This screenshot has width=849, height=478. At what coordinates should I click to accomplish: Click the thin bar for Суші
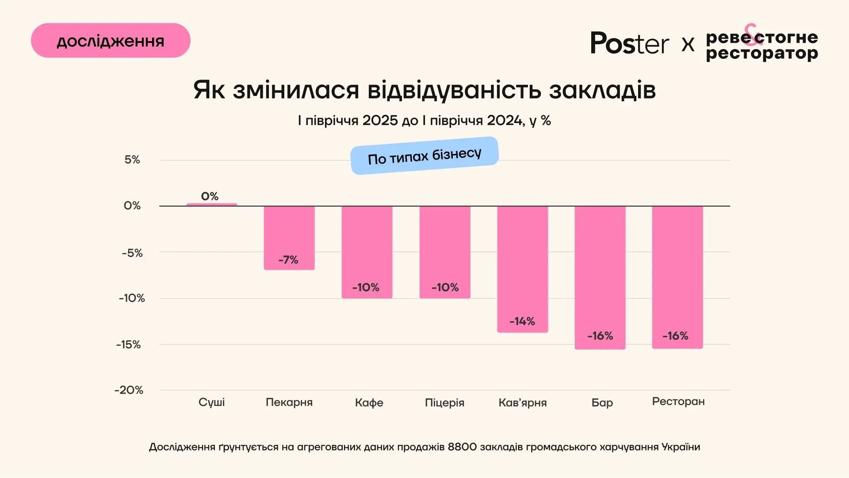click(212, 205)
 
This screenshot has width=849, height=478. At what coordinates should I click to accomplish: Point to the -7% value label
click(288, 260)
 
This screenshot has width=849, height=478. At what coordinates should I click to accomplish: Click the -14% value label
click(522, 321)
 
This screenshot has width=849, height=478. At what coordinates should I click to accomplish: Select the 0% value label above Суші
click(210, 196)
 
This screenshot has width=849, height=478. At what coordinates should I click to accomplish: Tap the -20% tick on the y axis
click(129, 390)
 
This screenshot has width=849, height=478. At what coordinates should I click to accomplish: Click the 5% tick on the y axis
click(132, 160)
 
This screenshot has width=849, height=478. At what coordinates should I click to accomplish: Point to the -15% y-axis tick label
click(129, 344)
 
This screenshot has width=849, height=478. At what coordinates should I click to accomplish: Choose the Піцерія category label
click(444, 402)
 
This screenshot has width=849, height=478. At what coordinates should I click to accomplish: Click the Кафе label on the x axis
click(369, 402)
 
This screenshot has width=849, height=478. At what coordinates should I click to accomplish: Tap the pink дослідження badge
click(111, 41)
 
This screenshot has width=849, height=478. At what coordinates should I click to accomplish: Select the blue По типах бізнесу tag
click(424, 156)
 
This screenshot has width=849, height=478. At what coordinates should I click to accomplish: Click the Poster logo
click(630, 43)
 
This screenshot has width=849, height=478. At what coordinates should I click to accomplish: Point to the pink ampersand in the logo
click(752, 34)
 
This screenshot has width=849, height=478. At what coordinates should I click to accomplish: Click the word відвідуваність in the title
click(454, 90)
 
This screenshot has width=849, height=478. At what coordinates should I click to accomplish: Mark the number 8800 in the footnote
click(462, 447)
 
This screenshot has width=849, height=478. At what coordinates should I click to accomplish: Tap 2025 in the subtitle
click(380, 120)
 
